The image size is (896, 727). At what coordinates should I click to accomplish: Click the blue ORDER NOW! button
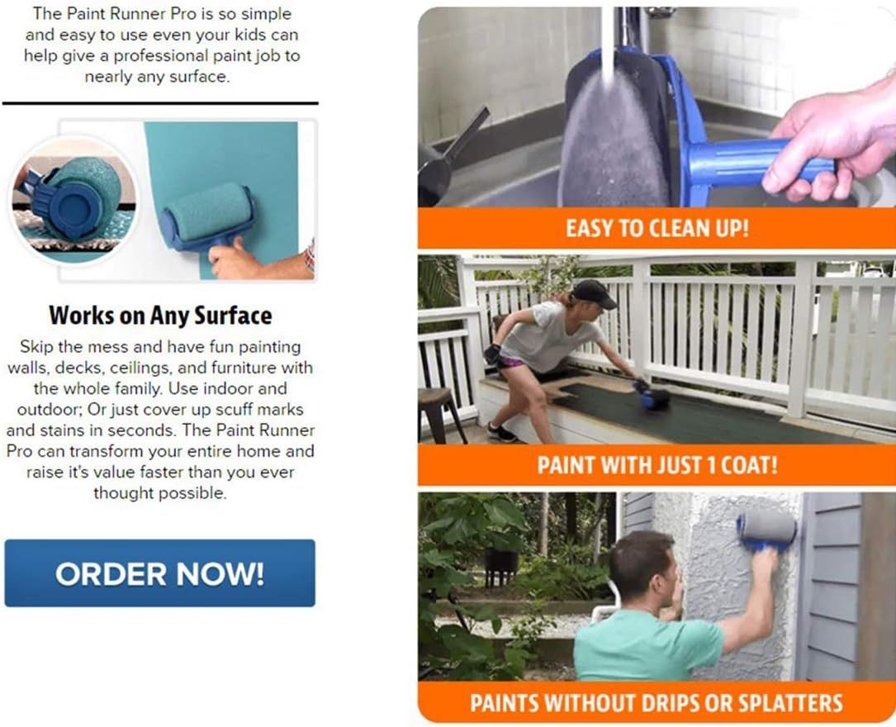tap(159, 573)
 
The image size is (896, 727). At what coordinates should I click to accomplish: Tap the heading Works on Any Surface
tap(160, 316)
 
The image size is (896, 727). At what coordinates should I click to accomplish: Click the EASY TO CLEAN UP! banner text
tap(657, 228)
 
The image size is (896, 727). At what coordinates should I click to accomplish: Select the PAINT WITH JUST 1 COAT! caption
tap(657, 464)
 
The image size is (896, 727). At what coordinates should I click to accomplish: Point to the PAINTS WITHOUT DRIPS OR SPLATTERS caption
tap(657, 702)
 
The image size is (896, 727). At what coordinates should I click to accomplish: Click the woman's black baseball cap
tap(593, 292)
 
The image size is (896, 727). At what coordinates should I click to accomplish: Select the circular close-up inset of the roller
tap(73, 199)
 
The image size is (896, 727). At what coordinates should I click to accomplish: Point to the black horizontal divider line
tap(160, 103)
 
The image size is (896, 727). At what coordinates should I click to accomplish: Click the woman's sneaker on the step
tap(502, 433)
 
